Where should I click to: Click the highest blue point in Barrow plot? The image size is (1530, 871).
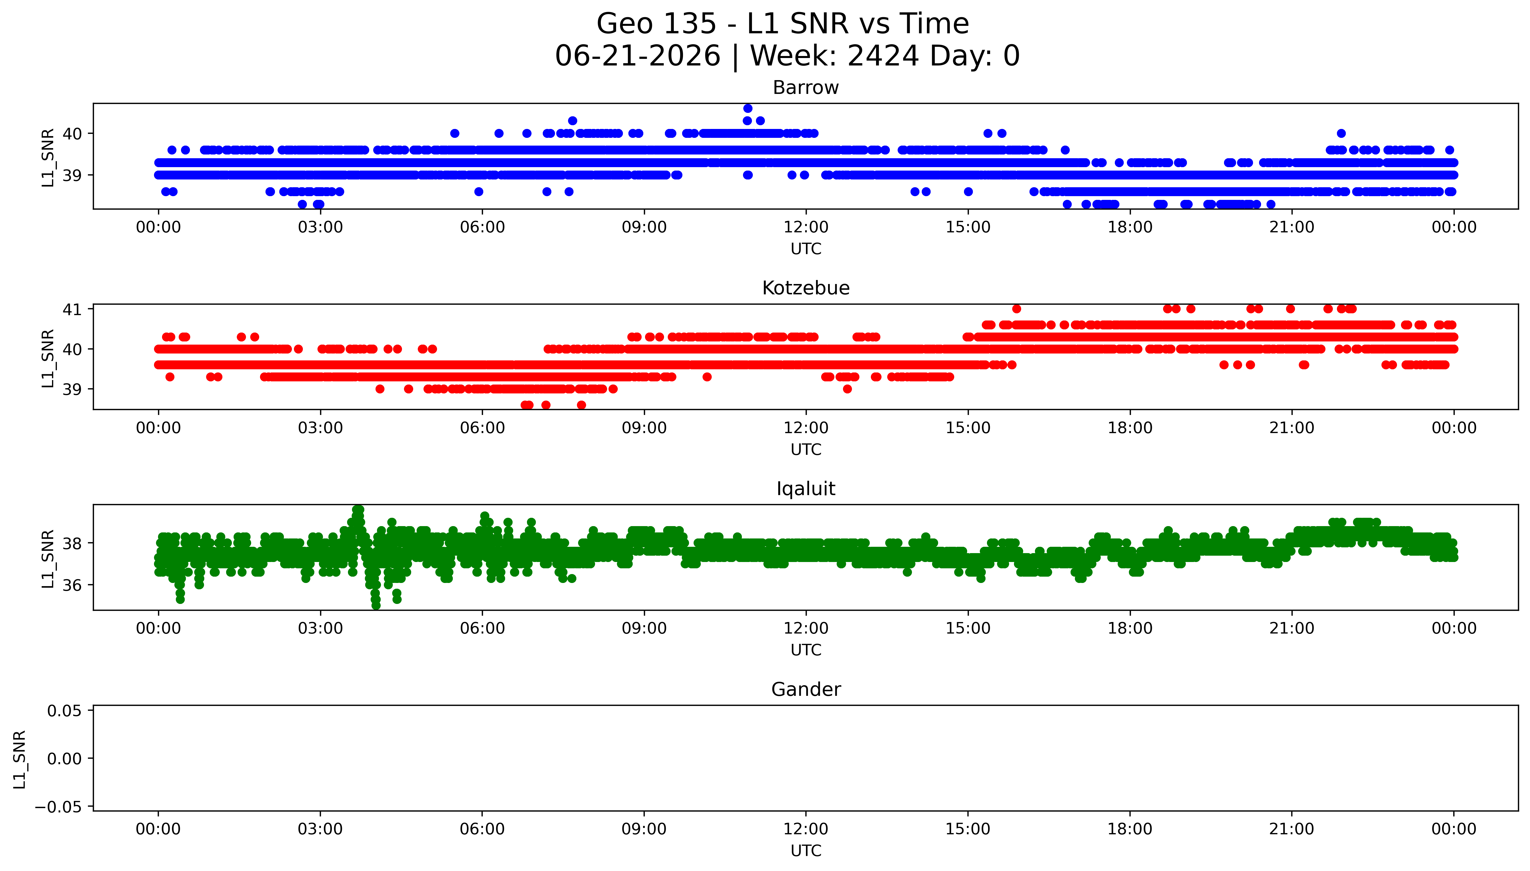click(x=747, y=108)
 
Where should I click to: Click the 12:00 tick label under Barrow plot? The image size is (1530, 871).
click(x=806, y=227)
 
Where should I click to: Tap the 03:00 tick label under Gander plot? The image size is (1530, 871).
click(x=320, y=829)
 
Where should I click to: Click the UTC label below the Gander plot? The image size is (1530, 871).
click(x=806, y=851)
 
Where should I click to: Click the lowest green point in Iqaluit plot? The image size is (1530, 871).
click(x=376, y=605)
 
